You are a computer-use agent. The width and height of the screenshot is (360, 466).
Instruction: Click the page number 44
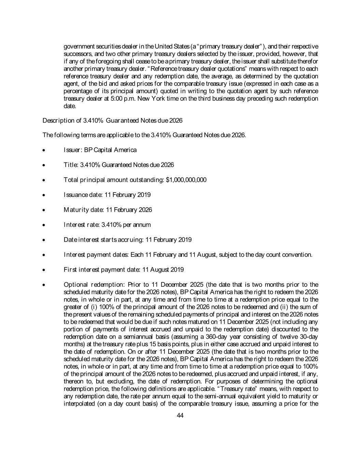coord(180,415)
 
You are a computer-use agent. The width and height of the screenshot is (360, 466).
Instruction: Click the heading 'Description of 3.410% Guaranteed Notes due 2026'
coord(112,121)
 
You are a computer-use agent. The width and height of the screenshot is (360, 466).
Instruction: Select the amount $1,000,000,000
coord(186,180)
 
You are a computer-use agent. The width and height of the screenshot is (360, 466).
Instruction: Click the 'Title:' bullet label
coord(71,165)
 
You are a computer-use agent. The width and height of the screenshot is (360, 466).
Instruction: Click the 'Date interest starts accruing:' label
coord(104,240)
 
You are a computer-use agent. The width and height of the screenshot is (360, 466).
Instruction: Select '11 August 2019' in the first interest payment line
coord(163,270)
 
